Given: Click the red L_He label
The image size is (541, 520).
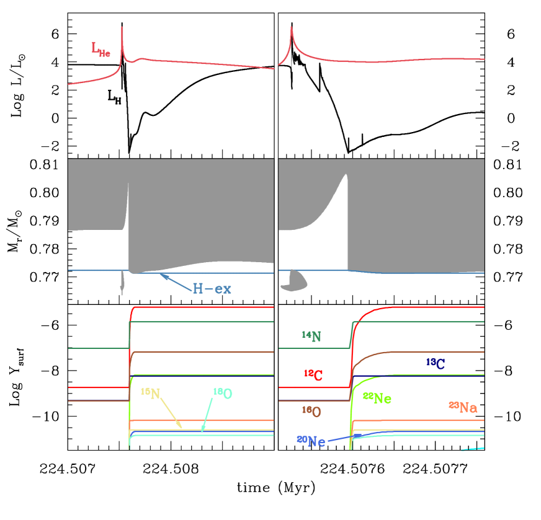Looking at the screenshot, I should [x=101, y=50].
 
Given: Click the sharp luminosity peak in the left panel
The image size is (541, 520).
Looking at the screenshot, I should [x=122, y=29].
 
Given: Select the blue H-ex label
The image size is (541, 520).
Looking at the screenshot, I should [x=211, y=289].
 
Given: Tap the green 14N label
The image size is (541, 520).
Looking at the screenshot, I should [x=311, y=337].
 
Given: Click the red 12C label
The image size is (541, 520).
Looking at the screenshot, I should [x=313, y=374].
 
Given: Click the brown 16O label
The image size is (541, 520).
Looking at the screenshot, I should [x=311, y=411].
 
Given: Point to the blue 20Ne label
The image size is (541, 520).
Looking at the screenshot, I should [x=311, y=441].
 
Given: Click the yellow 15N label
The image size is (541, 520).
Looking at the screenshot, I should [x=150, y=393].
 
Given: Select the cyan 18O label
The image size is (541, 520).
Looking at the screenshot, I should [x=222, y=393].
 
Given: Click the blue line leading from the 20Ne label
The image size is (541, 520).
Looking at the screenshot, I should [x=354, y=436].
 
